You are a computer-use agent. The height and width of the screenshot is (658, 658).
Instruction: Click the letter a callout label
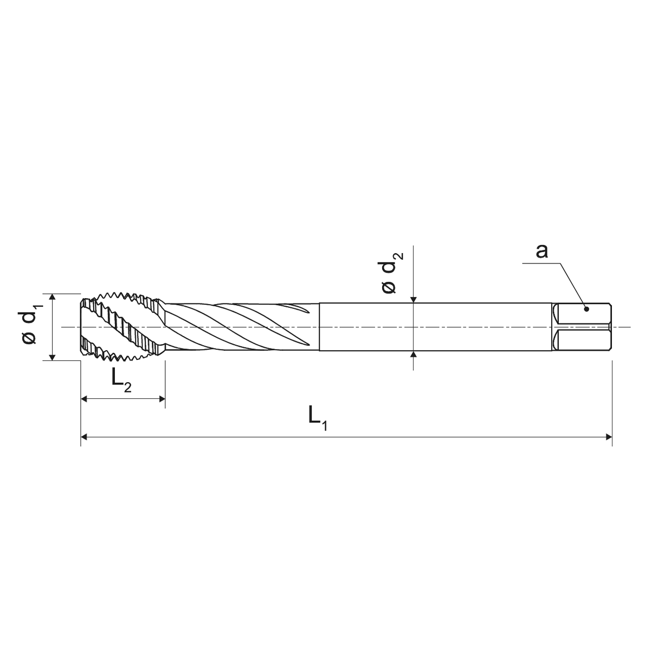pyautogui.click(x=541, y=251)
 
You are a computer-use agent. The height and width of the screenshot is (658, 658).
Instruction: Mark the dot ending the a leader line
pyautogui.click(x=586, y=309)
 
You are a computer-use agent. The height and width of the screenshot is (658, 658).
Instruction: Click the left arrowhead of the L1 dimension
pyautogui.click(x=85, y=436)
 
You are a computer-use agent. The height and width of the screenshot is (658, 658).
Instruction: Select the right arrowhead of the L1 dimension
pyautogui.click(x=608, y=436)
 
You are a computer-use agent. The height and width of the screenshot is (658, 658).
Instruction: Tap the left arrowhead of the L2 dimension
pyautogui.click(x=85, y=399)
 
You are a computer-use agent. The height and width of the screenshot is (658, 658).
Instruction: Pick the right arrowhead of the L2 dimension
pyautogui.click(x=161, y=399)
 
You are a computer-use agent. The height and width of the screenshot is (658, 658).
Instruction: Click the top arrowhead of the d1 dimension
pyautogui.click(x=53, y=297)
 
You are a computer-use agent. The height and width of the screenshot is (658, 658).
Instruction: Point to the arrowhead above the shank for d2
pyautogui.click(x=414, y=299)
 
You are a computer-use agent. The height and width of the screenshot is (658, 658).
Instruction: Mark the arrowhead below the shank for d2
pyautogui.click(x=414, y=355)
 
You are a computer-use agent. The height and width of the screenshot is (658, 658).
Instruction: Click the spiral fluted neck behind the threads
pyautogui.click(x=238, y=327)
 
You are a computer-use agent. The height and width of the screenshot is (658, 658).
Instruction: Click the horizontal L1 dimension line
pyautogui.click(x=347, y=436)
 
